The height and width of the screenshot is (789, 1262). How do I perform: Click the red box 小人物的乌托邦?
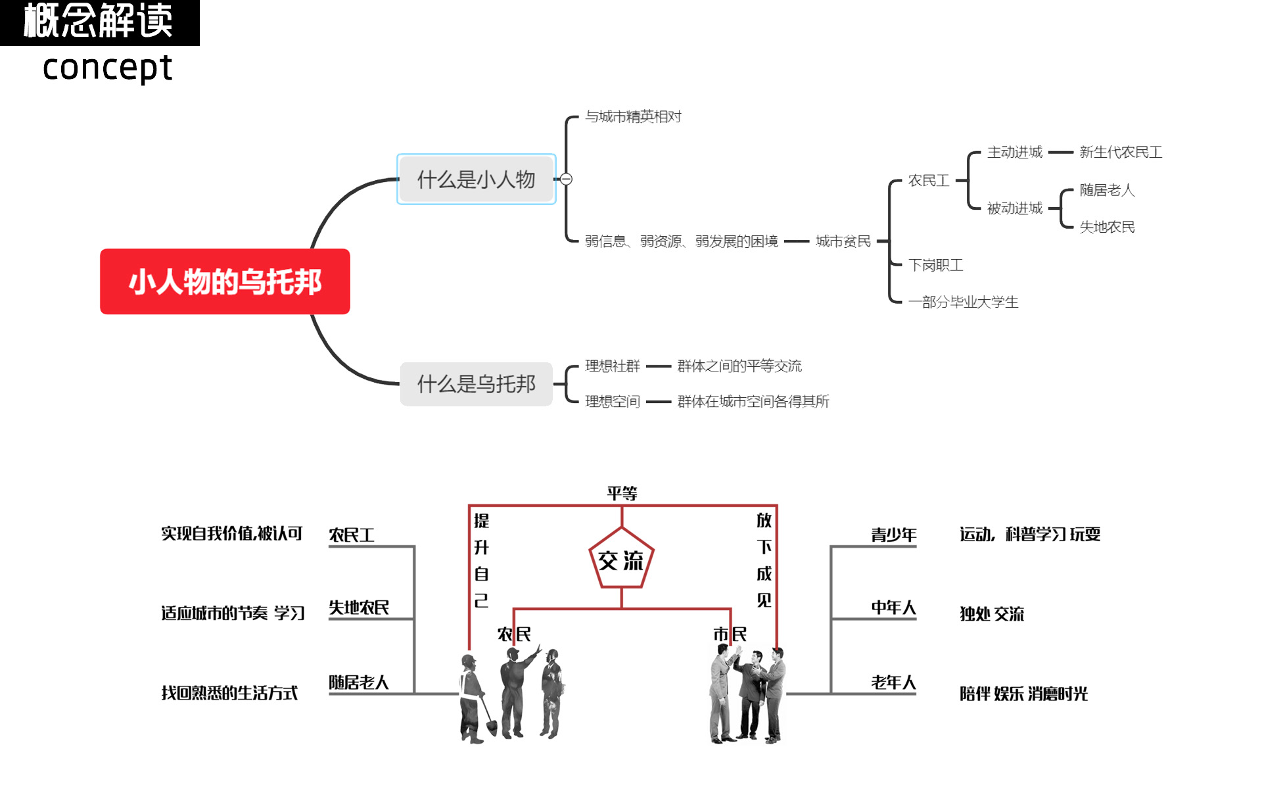[225, 281]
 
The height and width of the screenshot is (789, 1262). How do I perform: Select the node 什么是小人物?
[476, 179]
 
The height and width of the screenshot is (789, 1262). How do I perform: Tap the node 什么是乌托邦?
[476, 384]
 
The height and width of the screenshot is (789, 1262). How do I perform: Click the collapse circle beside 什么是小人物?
[566, 179]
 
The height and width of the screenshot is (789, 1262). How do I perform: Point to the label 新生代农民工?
[1121, 153]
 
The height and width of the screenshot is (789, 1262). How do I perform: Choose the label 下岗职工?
[935, 265]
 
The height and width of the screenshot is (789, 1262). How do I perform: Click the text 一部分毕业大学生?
[963, 302]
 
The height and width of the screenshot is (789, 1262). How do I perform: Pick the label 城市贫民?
[843, 241]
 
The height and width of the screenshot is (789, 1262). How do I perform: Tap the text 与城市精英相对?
[633, 117]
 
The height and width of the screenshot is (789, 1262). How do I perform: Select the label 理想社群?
[612, 366]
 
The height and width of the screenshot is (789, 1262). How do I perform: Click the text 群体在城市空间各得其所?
[753, 402]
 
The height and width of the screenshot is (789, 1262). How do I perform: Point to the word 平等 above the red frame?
[622, 493]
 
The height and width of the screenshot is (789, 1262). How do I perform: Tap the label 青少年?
[893, 535]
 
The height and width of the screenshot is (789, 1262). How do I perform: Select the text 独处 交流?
[991, 614]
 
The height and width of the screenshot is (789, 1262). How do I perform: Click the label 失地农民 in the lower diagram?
[359, 608]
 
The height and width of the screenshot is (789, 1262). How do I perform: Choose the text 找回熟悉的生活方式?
[229, 693]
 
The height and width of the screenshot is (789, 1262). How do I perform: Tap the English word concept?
[107, 68]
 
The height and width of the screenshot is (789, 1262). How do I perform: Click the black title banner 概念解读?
[99, 22]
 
